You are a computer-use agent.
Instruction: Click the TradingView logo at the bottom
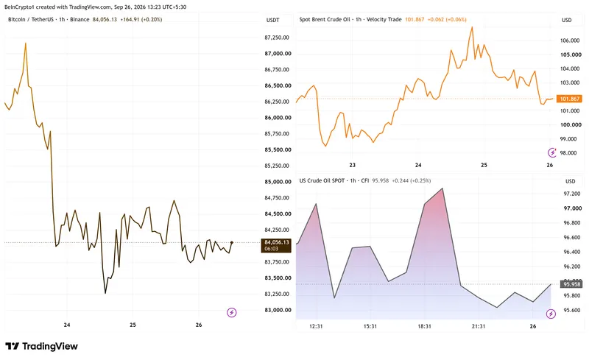point(41,346)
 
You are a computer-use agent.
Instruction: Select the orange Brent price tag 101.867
point(569,99)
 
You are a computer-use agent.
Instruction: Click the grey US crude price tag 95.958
point(571,284)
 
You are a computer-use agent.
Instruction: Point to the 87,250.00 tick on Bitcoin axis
point(277,38)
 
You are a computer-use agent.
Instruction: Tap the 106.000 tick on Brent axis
point(569,40)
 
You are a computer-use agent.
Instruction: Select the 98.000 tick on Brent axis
point(568,153)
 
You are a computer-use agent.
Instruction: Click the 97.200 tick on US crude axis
point(572,194)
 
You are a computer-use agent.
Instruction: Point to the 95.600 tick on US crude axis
point(572,311)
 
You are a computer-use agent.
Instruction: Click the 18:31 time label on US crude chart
point(425,326)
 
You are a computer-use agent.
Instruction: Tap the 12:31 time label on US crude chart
point(316,326)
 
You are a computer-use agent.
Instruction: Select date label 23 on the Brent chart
point(353,165)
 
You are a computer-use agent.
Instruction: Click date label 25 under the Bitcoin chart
point(133,325)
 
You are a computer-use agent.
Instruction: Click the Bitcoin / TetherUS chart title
point(31,20)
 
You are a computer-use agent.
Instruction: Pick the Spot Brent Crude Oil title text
point(325,20)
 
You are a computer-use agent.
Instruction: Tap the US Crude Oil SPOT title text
point(322,181)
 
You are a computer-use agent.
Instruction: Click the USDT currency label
point(272,20)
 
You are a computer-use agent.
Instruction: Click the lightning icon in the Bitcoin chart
point(232,312)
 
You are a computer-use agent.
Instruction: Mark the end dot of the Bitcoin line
point(232,242)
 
